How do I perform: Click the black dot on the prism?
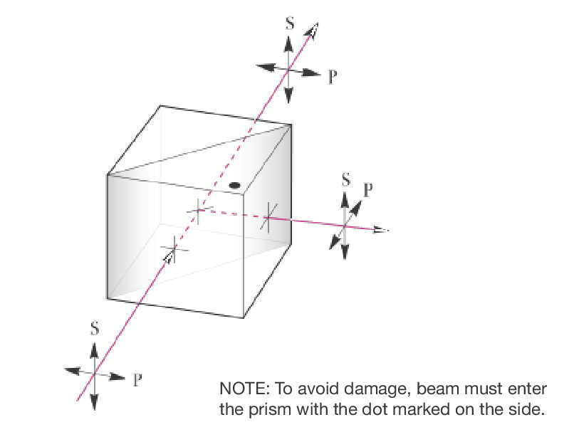coord(234,186)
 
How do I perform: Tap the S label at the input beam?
coord(94,330)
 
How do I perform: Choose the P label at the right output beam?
coord(367,190)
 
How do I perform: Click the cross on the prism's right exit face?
coord(267,216)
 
